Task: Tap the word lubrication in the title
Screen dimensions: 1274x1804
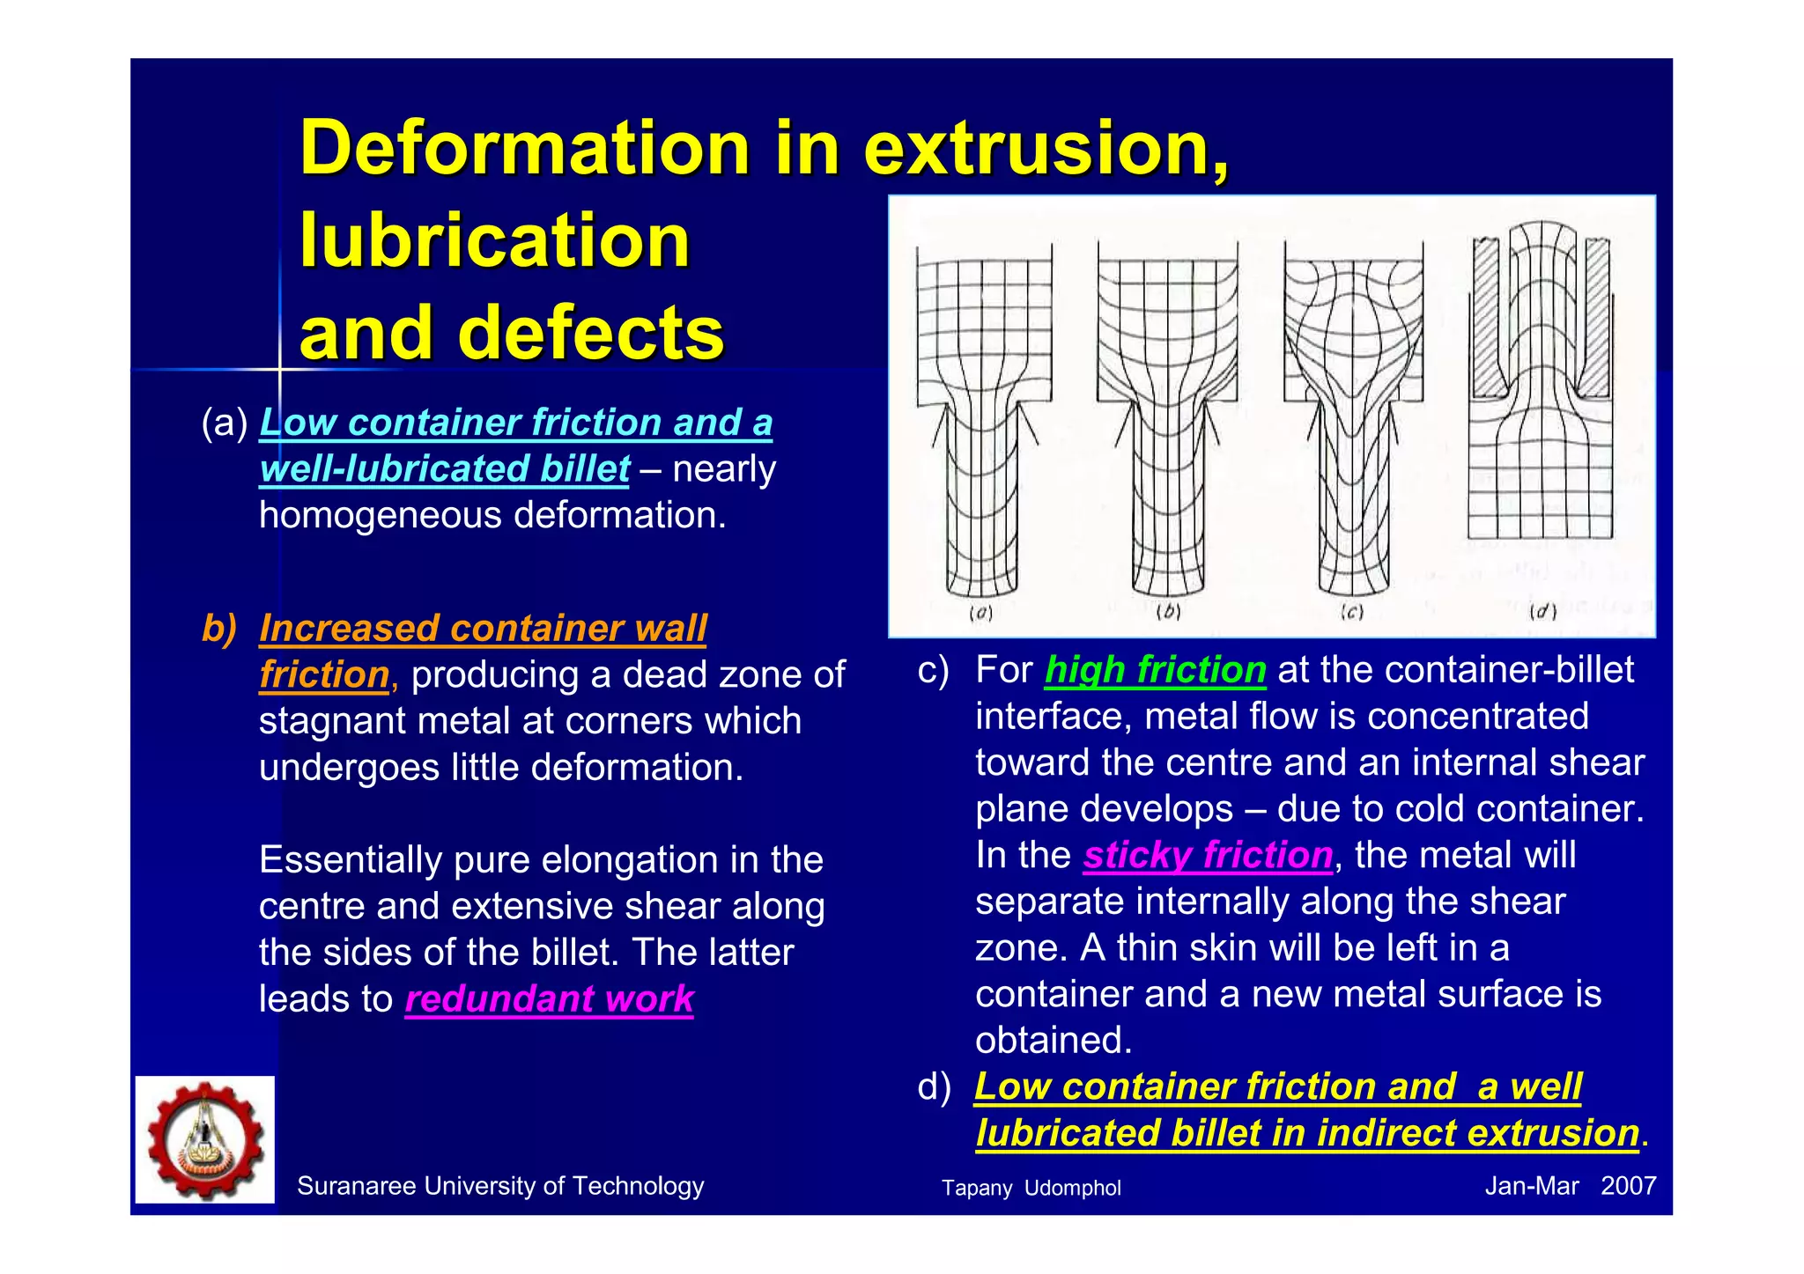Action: point(494,241)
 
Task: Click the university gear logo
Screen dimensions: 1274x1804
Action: point(205,1139)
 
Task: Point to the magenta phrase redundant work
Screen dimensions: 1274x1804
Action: point(549,999)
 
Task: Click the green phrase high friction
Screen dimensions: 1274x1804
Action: point(1155,670)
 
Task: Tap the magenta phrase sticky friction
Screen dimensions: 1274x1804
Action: point(1208,856)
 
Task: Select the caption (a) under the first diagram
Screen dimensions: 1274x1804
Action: point(980,613)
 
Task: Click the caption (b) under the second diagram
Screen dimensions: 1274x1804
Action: point(1167,612)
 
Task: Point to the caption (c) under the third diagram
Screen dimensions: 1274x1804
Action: point(1351,612)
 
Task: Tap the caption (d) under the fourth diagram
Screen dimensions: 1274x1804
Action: point(1542,611)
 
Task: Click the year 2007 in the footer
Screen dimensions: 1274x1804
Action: point(1628,1186)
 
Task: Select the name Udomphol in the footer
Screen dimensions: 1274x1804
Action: point(1072,1188)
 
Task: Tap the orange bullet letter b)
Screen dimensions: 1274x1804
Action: point(219,629)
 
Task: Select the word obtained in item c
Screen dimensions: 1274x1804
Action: point(1053,1041)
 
